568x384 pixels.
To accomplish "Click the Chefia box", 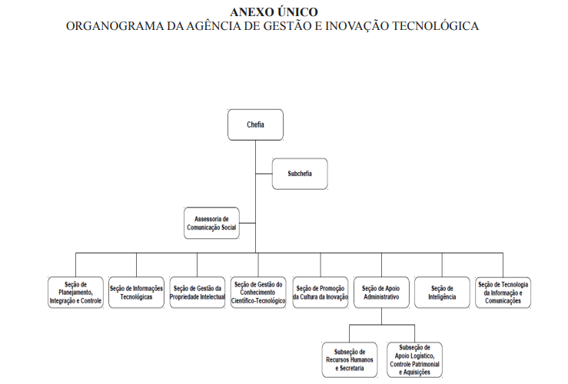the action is pyautogui.click(x=255, y=124).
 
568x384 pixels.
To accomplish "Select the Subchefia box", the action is pyautogui.click(x=300, y=174).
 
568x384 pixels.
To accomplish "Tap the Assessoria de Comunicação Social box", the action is pyautogui.click(x=211, y=223).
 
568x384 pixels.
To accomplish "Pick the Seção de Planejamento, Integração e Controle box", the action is pyautogui.click(x=75, y=293).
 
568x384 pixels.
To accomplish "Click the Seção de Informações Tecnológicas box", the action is pyautogui.click(x=136, y=293).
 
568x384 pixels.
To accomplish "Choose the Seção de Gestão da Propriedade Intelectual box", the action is pyautogui.click(x=197, y=293).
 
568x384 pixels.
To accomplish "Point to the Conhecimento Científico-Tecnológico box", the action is pyautogui.click(x=258, y=293).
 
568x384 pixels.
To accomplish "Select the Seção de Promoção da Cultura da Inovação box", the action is pyautogui.click(x=321, y=293).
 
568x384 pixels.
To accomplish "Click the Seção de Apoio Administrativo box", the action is pyautogui.click(x=381, y=293).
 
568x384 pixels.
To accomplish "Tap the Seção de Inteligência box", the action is pyautogui.click(x=442, y=293).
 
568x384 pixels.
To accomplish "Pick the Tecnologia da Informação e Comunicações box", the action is pyautogui.click(x=503, y=293).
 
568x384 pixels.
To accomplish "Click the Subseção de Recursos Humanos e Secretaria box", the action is pyautogui.click(x=350, y=359).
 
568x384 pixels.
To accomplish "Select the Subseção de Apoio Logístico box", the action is pyautogui.click(x=414, y=359).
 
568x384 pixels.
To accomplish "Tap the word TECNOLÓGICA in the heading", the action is pyautogui.click(x=436, y=26).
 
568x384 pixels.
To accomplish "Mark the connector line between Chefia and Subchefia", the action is pyautogui.click(x=264, y=174).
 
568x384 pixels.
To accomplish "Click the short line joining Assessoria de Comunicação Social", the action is pyautogui.click(x=247, y=223).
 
